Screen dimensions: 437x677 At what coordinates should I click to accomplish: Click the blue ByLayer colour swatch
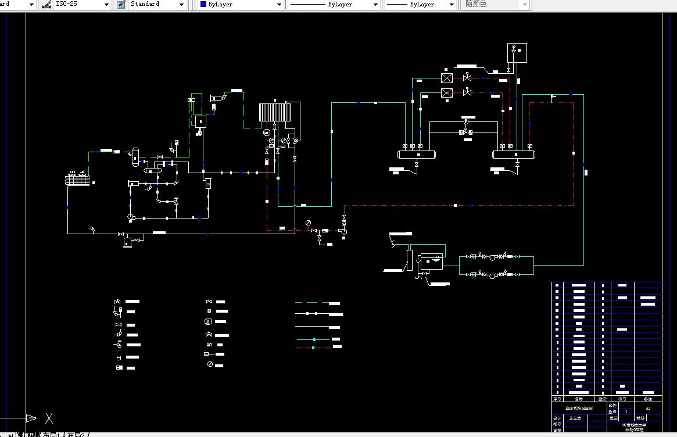pyautogui.click(x=203, y=4)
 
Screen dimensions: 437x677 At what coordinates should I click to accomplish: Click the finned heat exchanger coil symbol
pyautogui.click(x=274, y=112)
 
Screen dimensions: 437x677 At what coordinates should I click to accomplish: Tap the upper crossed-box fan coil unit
pyautogui.click(x=446, y=78)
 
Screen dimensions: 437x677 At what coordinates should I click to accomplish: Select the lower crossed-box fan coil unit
pyautogui.click(x=446, y=93)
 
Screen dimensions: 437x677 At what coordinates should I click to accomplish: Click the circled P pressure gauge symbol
pyautogui.click(x=465, y=123)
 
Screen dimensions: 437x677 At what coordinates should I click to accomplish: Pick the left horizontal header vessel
pyautogui.click(x=417, y=154)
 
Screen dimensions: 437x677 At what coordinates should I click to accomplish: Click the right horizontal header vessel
pyautogui.click(x=514, y=154)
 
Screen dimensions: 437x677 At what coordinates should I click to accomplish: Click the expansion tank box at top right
pyautogui.click(x=517, y=52)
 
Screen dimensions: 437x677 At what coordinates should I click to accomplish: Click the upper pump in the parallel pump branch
pyautogui.click(x=493, y=256)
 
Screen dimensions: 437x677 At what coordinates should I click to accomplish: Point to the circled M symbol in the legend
pyautogui.click(x=208, y=321)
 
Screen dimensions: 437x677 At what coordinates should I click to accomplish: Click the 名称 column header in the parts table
pyautogui.click(x=578, y=399)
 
